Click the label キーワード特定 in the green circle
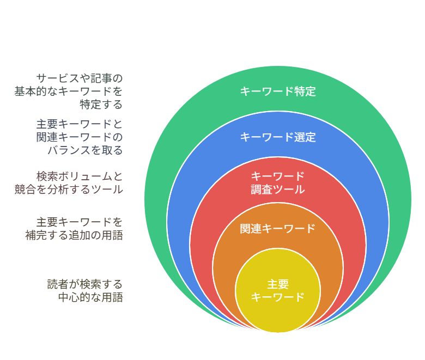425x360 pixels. pos(278,91)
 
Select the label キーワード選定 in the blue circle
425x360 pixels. pos(278,137)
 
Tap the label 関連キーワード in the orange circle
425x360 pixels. pos(278,229)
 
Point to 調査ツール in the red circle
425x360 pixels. pos(278,190)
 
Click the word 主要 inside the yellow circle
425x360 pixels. pos(278,284)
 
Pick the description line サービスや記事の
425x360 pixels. pos(80,78)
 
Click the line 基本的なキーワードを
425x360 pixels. pos(69,91)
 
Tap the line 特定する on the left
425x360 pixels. pos(101,104)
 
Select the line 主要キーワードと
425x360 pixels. pos(80,124)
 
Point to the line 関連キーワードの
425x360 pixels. pos(80,137)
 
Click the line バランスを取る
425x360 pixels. pos(85,150)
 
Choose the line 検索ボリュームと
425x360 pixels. pos(80,176)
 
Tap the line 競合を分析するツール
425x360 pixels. pos(69,190)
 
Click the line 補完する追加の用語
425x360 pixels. pos(74,235)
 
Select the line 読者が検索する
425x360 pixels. pos(85,284)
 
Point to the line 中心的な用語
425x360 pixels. pos(90,297)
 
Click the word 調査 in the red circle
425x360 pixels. pos(262,190)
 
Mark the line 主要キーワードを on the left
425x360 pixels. pos(80,222)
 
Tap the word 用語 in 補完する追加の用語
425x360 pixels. pos(112,235)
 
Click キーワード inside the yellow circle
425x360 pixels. pos(278,297)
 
